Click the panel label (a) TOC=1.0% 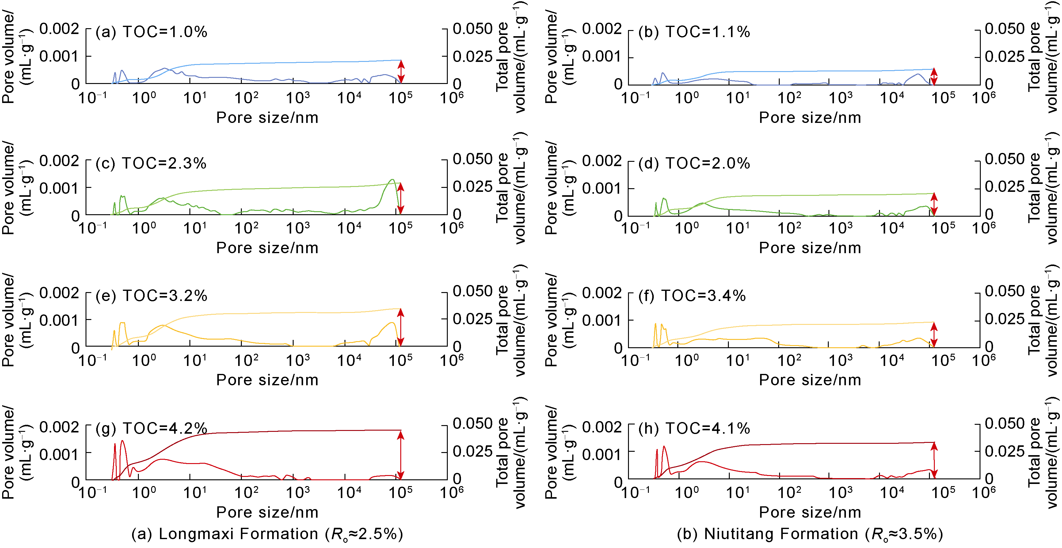tap(151, 32)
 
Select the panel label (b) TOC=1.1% tap(694, 32)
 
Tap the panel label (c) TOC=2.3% tap(151, 163)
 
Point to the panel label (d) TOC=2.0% tap(694, 163)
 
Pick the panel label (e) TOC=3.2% tap(151, 296)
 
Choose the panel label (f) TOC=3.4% tap(692, 296)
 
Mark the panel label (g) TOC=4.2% tap(151, 428)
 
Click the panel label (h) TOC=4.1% tap(694, 428)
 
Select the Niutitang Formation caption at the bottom tap(810, 534)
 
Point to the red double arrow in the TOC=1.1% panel tap(934, 77)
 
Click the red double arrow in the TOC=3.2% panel tap(401, 327)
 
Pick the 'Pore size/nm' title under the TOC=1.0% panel tap(267, 117)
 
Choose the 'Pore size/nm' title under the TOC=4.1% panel tap(810, 512)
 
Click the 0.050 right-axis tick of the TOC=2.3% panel tap(472, 159)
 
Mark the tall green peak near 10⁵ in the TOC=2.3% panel tap(392, 180)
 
